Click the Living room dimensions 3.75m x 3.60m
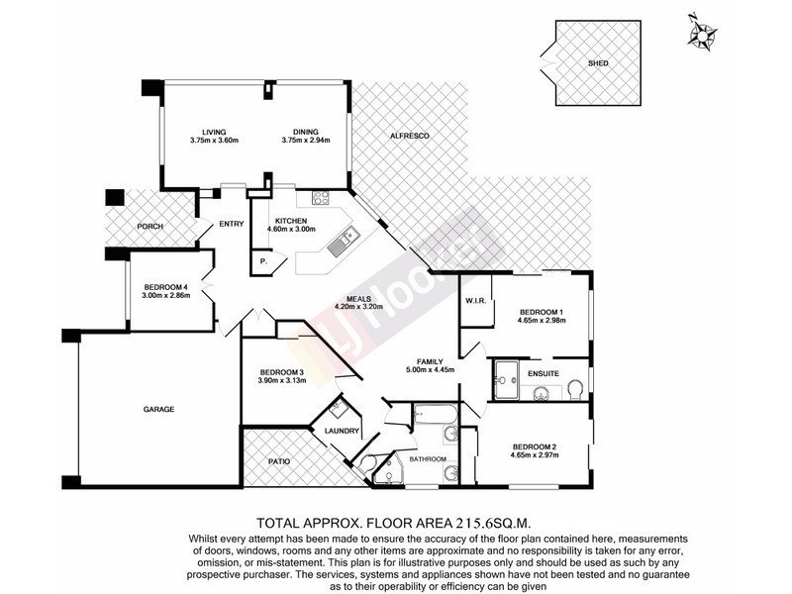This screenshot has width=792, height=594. [215, 141]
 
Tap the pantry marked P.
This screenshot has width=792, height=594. [263, 259]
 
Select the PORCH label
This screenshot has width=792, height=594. [149, 227]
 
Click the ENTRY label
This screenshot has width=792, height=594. [231, 224]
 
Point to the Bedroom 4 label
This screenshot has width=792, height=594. [164, 287]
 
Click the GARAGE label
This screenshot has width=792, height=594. [157, 408]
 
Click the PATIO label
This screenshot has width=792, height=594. [280, 461]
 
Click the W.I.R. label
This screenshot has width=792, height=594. [473, 300]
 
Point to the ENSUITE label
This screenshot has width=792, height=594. [544, 373]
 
